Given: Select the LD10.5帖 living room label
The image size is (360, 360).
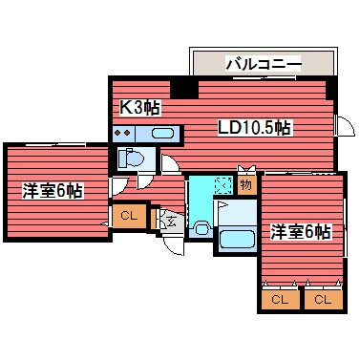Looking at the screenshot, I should (x=255, y=128).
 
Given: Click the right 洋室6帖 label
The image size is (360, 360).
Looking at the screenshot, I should (x=300, y=231).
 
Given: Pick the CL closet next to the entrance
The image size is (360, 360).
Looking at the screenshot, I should (x=129, y=217).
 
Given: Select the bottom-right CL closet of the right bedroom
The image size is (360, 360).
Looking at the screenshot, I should (x=322, y=300).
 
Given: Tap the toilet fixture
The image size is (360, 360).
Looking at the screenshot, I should (x=130, y=158).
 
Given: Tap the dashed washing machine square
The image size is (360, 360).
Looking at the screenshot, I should (x=222, y=185).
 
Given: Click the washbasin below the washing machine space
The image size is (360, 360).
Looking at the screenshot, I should (x=201, y=227).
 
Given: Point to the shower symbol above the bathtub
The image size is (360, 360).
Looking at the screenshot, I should (x=222, y=205).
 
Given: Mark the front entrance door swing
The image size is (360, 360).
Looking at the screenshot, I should (x=172, y=244).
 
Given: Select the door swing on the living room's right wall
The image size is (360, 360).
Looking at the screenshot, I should (x=342, y=126).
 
